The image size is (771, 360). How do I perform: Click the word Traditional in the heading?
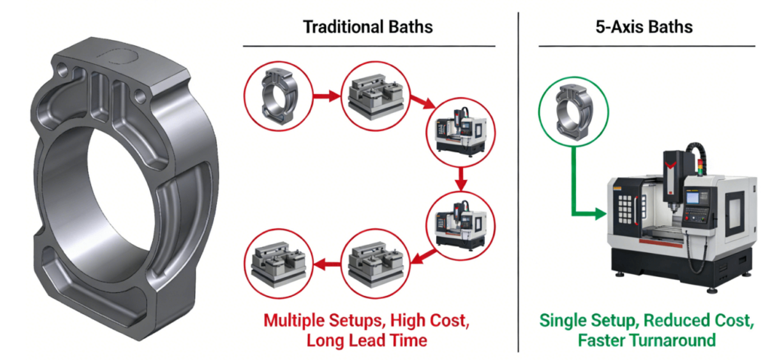(337, 27)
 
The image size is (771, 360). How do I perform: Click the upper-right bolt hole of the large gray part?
(139, 96)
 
